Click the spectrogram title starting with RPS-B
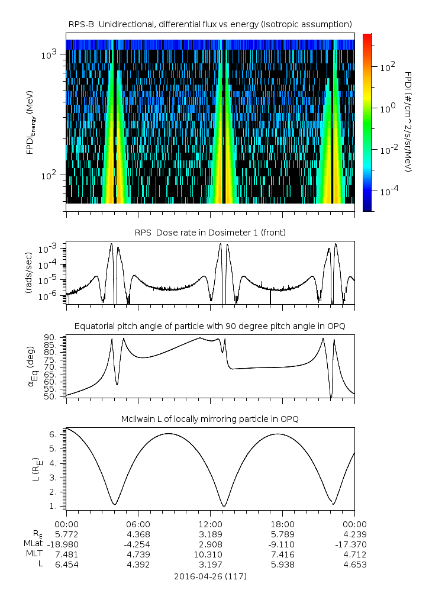210,24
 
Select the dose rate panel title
210,233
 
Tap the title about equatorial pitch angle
210,326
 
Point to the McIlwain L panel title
210,419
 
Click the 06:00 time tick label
138,524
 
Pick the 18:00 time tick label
282,524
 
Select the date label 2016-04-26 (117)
210,576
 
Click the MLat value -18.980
66,544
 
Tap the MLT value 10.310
210,554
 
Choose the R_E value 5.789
282,534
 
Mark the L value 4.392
138,565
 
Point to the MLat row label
33,544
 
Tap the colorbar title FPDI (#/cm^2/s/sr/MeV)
409,121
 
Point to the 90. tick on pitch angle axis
50,337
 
